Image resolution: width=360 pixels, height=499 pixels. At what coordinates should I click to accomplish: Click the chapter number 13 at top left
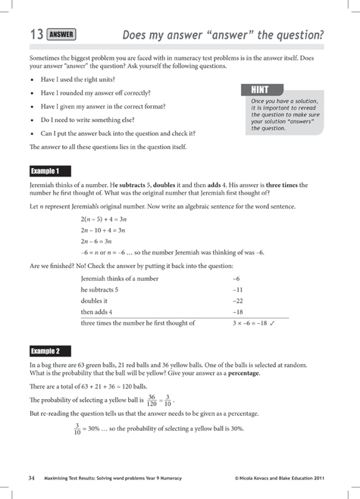click(36, 35)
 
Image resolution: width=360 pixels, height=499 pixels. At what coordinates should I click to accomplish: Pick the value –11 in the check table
click(237, 289)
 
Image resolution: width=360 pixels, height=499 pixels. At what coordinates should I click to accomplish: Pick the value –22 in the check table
click(237, 301)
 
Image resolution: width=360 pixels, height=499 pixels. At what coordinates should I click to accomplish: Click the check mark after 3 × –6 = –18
click(271, 323)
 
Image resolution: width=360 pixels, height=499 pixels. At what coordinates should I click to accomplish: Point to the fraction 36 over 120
click(151, 400)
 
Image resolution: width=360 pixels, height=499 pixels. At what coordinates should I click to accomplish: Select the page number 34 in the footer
click(32, 478)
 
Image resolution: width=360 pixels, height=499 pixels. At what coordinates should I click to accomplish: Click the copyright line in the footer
click(280, 479)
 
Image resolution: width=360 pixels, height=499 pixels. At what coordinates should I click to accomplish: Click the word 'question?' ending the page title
click(297, 35)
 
